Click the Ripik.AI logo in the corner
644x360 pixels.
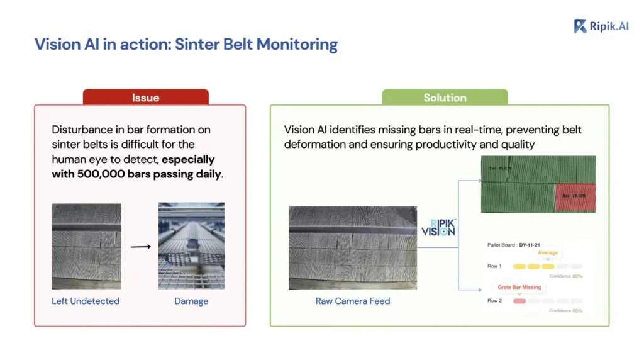[x=601, y=26]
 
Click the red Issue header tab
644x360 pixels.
[x=145, y=98]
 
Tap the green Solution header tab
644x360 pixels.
[x=445, y=98]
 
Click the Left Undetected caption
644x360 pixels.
[x=86, y=301]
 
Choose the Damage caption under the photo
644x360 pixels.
[x=191, y=301]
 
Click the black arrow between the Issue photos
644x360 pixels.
[x=140, y=246]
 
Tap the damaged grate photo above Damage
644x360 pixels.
[x=191, y=245]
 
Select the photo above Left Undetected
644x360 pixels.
[x=86, y=245]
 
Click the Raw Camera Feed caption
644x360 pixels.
[x=353, y=301]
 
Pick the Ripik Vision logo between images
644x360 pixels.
[x=438, y=228]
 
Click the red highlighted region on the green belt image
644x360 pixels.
[x=574, y=198]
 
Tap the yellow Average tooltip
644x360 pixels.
[x=548, y=253]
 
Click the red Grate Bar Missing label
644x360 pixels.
[x=519, y=287]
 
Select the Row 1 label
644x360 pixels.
[x=494, y=266]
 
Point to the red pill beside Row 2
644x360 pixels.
[x=519, y=301]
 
